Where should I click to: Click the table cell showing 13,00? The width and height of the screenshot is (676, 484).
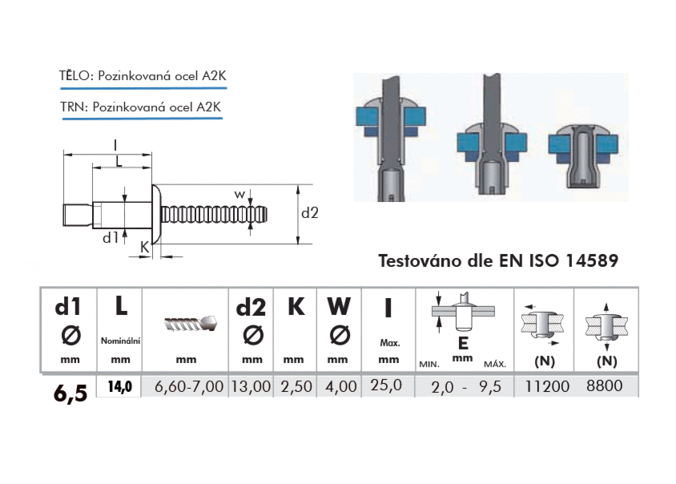[251, 386]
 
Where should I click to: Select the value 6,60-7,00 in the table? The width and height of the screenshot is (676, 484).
[189, 386]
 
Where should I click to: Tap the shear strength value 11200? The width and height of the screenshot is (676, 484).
[547, 386]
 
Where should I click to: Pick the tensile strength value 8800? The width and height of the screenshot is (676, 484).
[604, 385]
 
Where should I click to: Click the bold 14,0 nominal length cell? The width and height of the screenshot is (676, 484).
[120, 386]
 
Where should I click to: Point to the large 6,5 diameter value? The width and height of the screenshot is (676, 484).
[70, 393]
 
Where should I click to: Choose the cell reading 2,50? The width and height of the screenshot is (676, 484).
[296, 386]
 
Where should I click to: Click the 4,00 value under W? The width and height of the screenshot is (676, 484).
[341, 386]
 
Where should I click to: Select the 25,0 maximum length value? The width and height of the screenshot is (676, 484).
[386, 385]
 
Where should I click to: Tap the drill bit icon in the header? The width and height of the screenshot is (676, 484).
[190, 323]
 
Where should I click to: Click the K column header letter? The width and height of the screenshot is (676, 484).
[296, 306]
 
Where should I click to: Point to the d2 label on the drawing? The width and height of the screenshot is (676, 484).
[309, 212]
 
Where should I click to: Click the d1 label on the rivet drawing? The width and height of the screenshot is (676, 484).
[111, 237]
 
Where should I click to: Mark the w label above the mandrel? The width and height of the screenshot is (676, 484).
[239, 194]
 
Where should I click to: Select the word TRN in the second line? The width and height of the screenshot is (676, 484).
[72, 107]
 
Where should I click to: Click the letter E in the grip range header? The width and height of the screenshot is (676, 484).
[463, 344]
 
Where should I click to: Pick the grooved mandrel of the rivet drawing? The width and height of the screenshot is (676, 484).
[214, 215]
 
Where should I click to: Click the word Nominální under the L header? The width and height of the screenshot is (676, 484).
[121, 341]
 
